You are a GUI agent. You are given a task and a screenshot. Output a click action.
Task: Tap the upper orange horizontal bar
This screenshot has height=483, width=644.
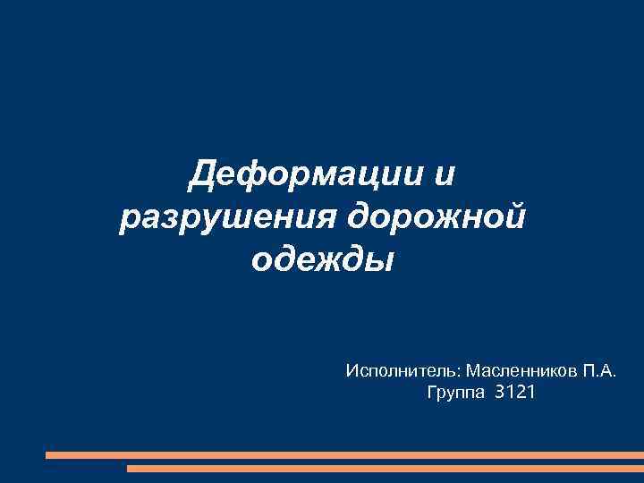pyautogui.click(x=344, y=454)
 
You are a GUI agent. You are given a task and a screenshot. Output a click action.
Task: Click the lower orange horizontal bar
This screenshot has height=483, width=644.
pyautogui.click(x=385, y=468)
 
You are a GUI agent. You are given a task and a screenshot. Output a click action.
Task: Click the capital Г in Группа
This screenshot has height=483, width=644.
pyautogui.click(x=433, y=392)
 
